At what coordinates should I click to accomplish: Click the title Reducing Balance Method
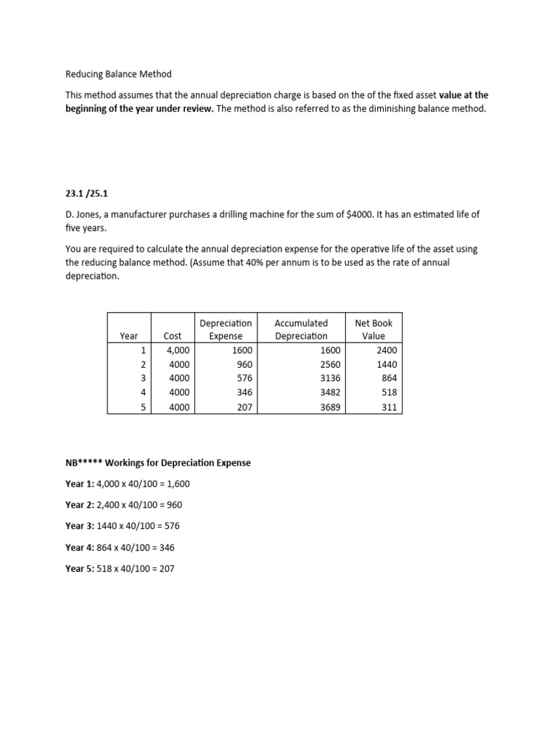[119, 74]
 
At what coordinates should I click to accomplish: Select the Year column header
[128, 336]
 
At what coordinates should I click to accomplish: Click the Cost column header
[173, 336]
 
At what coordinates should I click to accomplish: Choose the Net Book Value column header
[374, 329]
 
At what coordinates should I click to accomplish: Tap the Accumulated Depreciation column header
[301, 329]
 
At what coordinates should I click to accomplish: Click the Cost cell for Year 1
[178, 350]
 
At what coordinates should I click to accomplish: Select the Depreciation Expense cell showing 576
[244, 378]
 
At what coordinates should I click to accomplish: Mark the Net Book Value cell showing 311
[389, 407]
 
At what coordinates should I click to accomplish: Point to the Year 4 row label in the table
[143, 393]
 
